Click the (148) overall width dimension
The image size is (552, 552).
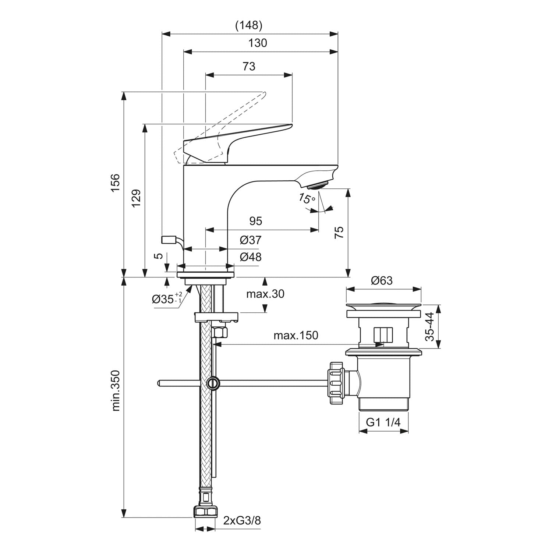249,25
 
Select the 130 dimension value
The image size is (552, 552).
258,43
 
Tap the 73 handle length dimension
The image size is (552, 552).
249,66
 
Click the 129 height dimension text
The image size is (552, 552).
137,198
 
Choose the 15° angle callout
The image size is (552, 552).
307,199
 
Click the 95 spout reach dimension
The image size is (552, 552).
256,221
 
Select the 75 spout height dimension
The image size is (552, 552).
339,232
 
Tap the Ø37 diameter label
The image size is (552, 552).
251,240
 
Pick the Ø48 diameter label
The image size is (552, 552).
251,257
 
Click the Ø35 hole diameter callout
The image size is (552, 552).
167,298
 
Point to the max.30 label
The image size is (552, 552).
265,294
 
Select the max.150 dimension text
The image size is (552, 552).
296,335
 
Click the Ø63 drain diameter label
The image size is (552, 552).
382,280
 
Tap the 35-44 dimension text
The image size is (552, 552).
430,326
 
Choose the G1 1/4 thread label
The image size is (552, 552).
383,422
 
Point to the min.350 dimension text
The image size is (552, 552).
116,390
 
